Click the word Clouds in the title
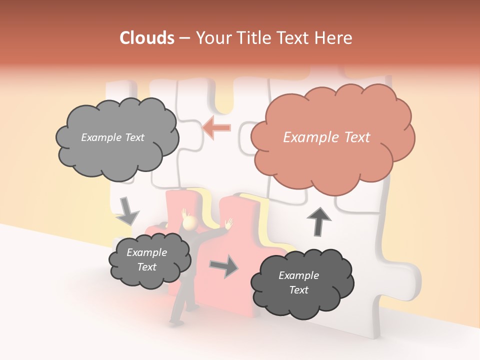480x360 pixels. tap(147, 38)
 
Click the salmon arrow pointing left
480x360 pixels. tap(216, 127)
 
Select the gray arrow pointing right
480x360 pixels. tap(224, 266)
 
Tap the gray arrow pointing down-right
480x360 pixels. tap(127, 212)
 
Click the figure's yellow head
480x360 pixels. tap(190, 224)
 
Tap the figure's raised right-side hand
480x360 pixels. tap(229, 223)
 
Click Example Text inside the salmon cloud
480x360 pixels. tap(326, 137)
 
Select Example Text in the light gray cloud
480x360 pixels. tap(112, 137)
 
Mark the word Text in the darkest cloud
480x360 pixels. tap(298, 290)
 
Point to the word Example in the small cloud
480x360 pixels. tap(146, 252)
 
